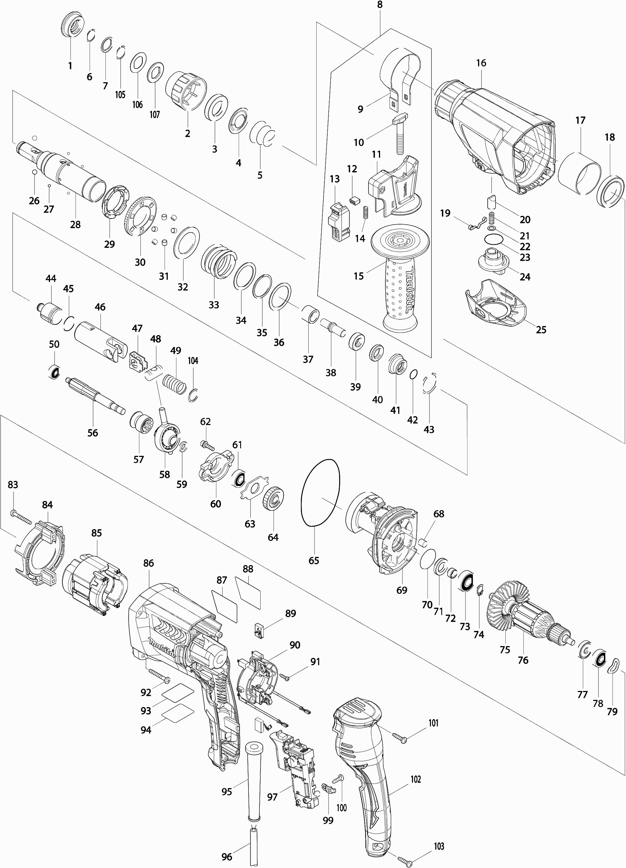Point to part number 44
click(51, 279)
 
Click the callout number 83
click(13, 485)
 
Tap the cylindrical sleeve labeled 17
click(579, 172)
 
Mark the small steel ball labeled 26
click(34, 172)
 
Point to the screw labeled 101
click(400, 738)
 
